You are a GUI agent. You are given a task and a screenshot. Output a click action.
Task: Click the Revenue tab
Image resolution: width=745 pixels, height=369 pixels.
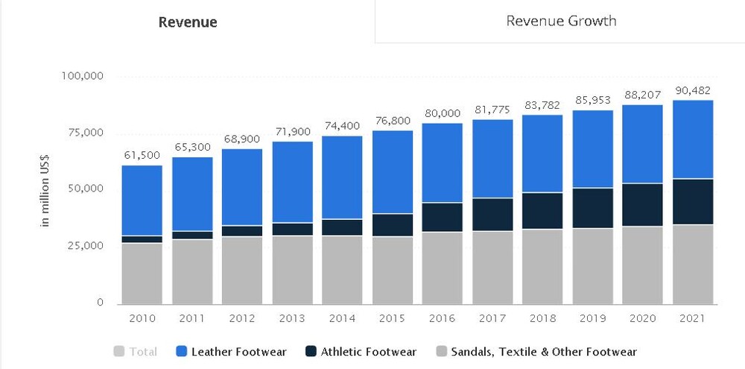[188, 22]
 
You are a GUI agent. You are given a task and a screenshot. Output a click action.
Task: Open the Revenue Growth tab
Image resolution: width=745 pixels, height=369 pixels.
[561, 21]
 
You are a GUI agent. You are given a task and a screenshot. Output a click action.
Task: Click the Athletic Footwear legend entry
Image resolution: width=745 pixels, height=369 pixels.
[361, 351]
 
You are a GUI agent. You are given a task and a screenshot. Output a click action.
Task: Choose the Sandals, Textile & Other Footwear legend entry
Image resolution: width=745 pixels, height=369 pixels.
[536, 351]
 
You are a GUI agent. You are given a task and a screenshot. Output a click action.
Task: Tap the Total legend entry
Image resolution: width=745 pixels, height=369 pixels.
[136, 351]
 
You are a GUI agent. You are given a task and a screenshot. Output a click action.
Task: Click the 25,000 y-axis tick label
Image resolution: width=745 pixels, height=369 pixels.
[84, 245]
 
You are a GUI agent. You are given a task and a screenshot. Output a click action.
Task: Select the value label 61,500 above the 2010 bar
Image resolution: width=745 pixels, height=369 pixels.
[142, 154]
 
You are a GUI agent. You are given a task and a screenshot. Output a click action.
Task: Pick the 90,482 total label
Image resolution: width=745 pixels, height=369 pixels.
[693, 89]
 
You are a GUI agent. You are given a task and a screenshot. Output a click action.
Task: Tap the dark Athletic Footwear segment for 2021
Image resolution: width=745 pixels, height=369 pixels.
[693, 201]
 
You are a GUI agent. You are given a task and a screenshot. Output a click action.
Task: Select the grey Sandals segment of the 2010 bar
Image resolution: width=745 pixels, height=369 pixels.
[142, 273]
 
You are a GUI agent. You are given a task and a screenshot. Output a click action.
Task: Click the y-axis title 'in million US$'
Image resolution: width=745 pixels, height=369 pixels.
[45, 190]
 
